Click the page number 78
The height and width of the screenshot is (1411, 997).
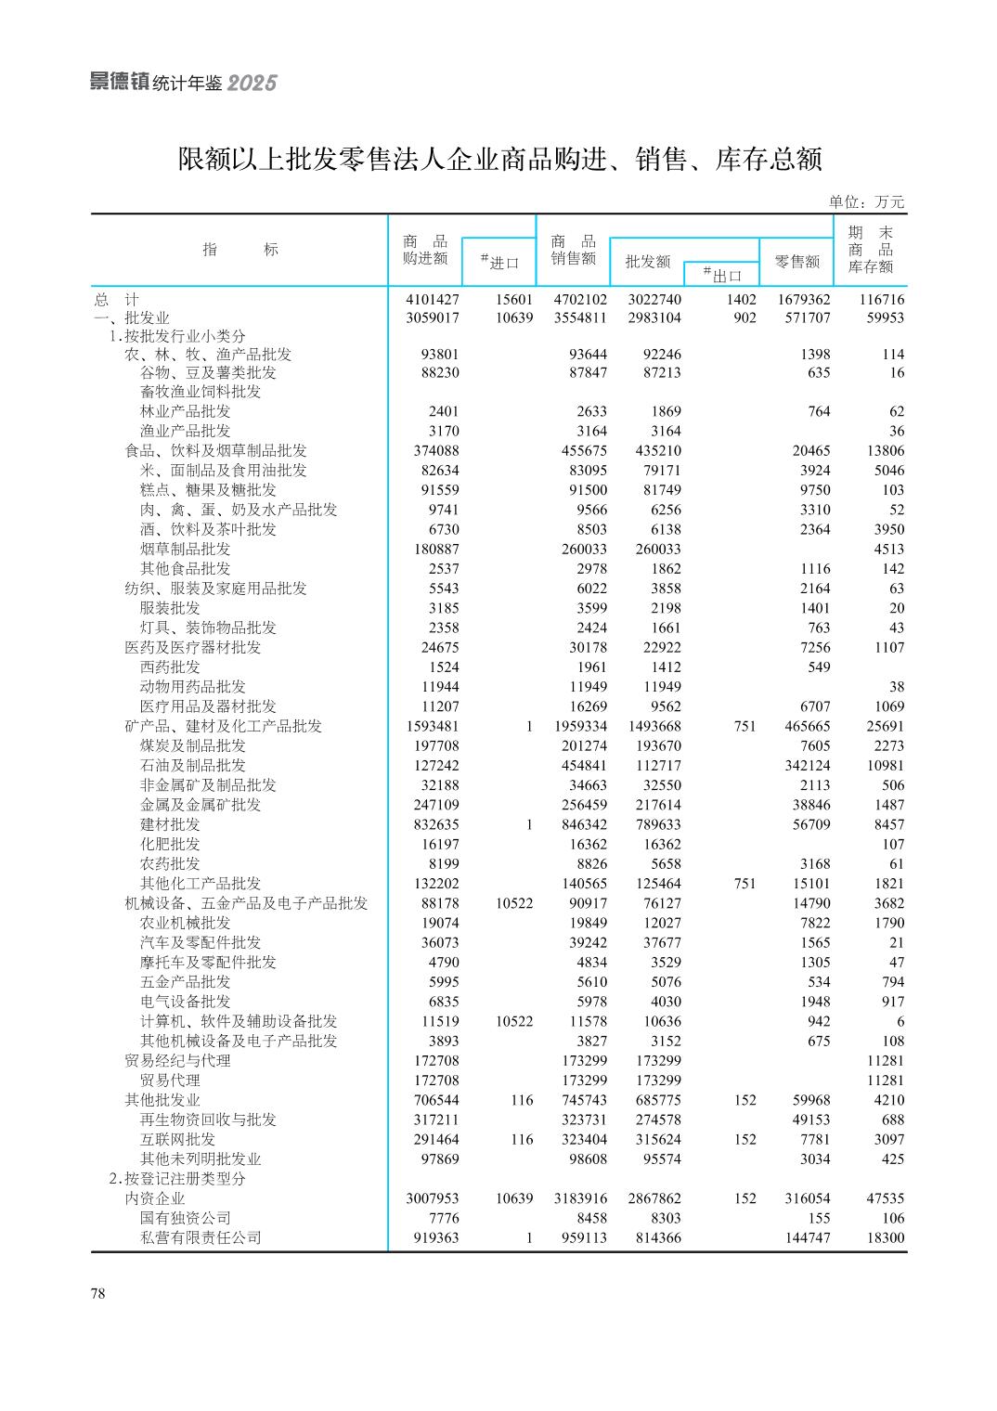[x=98, y=1294]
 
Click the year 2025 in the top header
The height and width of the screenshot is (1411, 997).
[x=252, y=84]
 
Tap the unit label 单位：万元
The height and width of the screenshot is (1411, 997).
[x=866, y=202]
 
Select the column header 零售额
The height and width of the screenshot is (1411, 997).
[x=797, y=262]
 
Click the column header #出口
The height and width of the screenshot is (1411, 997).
[x=722, y=275]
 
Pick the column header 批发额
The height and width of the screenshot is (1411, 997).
[x=647, y=262]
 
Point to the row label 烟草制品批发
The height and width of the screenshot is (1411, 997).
[x=185, y=549]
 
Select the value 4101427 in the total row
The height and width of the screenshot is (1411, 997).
[x=432, y=300]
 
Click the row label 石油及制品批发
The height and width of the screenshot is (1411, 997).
[x=193, y=765]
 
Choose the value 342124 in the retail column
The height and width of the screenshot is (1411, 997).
[x=804, y=765]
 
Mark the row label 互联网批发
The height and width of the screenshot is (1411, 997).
[x=177, y=1139]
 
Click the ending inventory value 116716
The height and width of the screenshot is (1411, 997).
[x=875, y=300]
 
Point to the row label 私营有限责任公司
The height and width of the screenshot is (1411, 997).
[x=201, y=1237]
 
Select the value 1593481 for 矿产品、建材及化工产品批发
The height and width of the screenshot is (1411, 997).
[x=432, y=726]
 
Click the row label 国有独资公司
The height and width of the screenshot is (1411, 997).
[x=185, y=1218]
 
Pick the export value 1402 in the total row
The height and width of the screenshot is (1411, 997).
[x=742, y=300]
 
